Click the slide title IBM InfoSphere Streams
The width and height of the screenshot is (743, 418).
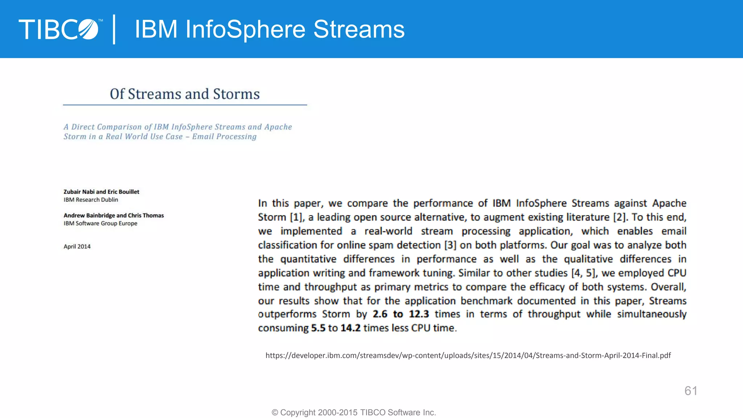269,29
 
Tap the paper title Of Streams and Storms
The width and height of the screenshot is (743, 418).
185,94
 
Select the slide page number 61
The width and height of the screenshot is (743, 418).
691,391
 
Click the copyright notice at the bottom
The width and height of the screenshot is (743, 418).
354,413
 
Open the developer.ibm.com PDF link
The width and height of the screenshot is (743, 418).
468,356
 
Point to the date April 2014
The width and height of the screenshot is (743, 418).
77,247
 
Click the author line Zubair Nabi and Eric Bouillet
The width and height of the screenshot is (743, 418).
101,192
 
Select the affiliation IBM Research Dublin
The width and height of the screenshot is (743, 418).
91,200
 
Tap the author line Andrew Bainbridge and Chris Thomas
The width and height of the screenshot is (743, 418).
114,216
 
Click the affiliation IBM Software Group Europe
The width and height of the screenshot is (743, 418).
100,224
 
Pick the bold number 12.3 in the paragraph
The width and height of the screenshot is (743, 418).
419,314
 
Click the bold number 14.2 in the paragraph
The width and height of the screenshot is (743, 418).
350,328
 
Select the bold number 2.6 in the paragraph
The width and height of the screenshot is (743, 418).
380,314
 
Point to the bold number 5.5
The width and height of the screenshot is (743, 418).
318,328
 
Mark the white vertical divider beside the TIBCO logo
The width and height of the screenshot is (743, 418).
114,29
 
